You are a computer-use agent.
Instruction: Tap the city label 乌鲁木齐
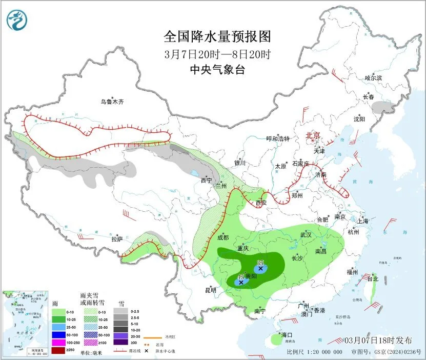click(112, 102)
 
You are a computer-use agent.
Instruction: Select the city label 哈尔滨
click(373, 78)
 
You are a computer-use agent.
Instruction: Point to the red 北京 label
click(313, 136)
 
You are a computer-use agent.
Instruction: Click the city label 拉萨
click(117, 239)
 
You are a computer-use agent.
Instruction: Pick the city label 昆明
click(211, 290)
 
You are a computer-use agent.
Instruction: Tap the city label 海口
click(287, 335)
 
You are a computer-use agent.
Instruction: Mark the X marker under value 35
click(260, 268)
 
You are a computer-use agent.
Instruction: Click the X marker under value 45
click(240, 282)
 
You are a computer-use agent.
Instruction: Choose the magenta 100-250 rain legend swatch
click(58, 342)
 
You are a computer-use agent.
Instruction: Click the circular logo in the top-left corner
click(15, 19)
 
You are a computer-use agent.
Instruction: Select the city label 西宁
click(206, 181)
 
